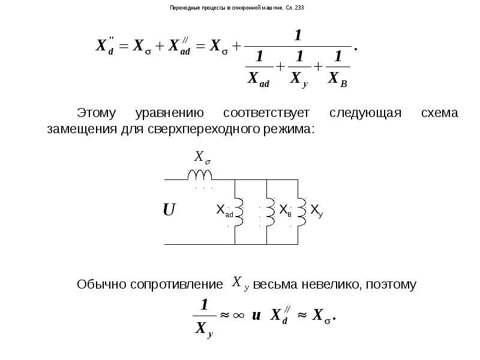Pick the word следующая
[x=365, y=113]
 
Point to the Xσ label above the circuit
[x=202, y=158]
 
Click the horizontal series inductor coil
[x=200, y=174]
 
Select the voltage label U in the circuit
[x=169, y=210]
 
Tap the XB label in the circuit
[x=286, y=210]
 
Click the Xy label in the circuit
[x=316, y=210]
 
